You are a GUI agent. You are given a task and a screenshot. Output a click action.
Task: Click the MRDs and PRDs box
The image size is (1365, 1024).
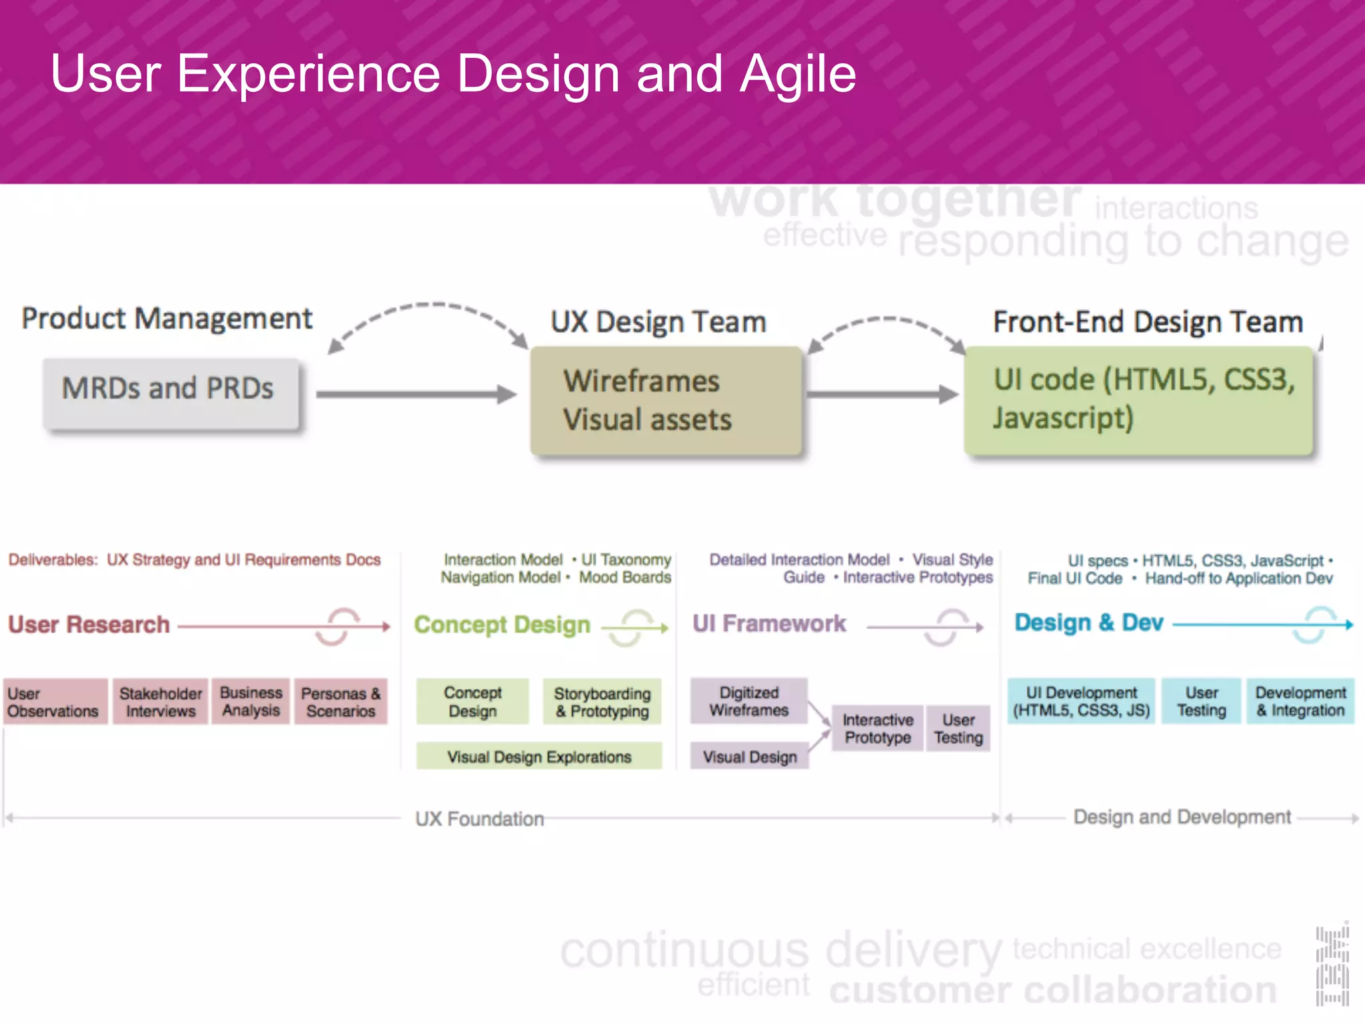point(171,393)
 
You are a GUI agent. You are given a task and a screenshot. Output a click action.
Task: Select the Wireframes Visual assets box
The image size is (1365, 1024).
point(666,400)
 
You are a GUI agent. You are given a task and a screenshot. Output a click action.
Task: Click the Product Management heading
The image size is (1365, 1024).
point(167,319)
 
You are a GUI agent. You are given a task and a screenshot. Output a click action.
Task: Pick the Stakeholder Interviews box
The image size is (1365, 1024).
point(160,702)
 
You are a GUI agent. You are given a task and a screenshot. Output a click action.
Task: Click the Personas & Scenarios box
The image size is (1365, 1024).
point(341,702)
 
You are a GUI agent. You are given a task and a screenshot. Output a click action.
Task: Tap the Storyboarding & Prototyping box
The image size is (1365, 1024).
point(602,702)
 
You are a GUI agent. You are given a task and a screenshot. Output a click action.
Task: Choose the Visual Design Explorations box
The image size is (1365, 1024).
point(539,757)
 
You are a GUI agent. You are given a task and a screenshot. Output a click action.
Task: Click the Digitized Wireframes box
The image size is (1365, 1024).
point(748,701)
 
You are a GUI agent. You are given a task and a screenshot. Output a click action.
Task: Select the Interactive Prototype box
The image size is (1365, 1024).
point(877,729)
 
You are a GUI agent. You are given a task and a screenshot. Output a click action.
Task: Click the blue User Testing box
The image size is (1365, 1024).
point(1201,701)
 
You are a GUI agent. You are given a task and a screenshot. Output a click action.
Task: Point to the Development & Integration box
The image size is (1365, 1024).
point(1300,701)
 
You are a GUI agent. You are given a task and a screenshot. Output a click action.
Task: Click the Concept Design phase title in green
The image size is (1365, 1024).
point(502,625)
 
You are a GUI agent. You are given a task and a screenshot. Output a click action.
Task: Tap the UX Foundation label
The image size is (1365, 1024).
point(479,819)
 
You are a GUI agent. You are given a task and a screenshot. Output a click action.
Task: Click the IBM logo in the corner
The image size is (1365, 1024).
point(1332,964)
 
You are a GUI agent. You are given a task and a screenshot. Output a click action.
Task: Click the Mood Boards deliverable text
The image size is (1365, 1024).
point(625,577)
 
